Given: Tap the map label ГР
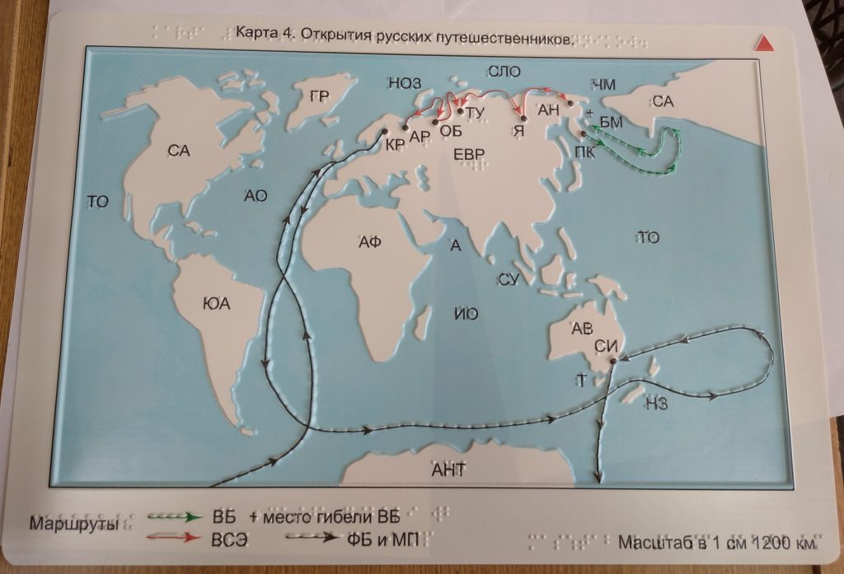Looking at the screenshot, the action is coord(320,97).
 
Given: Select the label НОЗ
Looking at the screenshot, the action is coord(404,83).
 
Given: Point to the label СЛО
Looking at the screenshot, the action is coord(504,72).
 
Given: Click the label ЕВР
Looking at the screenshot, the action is coord(470,154).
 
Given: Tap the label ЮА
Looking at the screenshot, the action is coord(216,305).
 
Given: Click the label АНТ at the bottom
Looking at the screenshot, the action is coord(449,470).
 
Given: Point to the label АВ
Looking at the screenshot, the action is coord(582,329).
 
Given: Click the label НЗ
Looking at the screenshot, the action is coord(656,403).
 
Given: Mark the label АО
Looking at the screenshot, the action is coord(256,196).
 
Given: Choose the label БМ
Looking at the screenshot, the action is coord(611,123).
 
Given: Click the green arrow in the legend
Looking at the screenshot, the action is coord(176,517).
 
